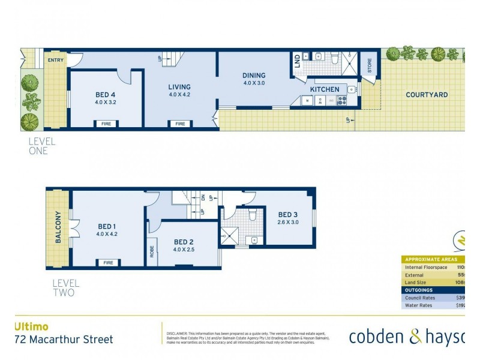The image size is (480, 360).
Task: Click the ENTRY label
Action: click(55, 60)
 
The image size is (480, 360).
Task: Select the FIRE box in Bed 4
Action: click(105, 124)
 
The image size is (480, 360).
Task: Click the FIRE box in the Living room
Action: click(180, 124)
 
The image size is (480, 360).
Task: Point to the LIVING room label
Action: click(179, 87)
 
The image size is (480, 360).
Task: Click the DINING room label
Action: click(254, 76)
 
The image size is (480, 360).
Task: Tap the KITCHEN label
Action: click(325, 89)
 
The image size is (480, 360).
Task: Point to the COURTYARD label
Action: click(427, 95)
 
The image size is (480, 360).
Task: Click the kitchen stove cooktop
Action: click(342, 101)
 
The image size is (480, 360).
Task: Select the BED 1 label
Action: click(107, 226)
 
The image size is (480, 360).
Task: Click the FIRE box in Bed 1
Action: click(108, 263)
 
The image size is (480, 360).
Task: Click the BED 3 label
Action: click(288, 215)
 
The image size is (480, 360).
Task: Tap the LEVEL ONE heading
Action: click(42, 146)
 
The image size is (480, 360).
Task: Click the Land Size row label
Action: click(418, 282)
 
